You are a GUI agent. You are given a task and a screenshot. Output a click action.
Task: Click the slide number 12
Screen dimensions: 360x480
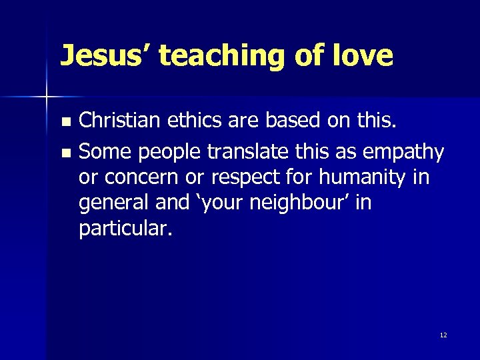(443, 335)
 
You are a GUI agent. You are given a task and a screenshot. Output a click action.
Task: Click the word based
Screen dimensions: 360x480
(291, 121)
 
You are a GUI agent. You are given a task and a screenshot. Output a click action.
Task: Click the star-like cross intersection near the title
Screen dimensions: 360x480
(46, 97)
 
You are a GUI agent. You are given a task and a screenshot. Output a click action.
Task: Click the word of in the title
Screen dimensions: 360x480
(309, 56)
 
